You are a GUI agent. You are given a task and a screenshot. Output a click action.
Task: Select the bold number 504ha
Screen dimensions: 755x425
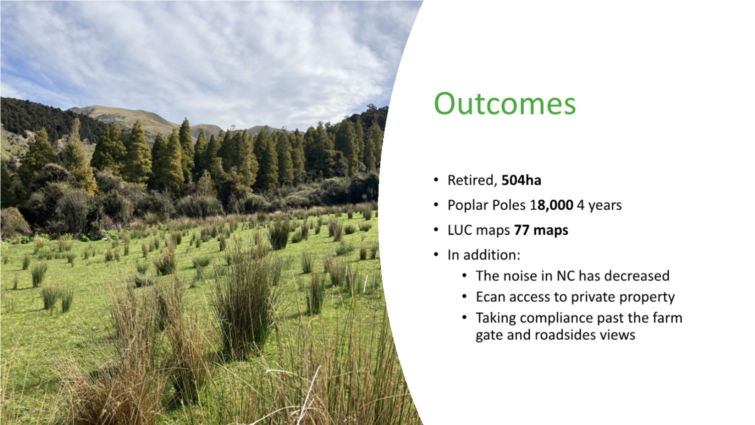(x=521, y=180)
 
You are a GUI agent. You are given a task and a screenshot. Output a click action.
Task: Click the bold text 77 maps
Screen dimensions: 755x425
(x=541, y=230)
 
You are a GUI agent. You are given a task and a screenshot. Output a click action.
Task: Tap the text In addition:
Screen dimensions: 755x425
(x=484, y=255)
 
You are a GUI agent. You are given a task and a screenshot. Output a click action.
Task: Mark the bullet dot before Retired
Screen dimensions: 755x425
(x=436, y=180)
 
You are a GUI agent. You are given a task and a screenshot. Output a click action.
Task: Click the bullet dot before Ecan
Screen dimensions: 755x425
(x=465, y=297)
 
